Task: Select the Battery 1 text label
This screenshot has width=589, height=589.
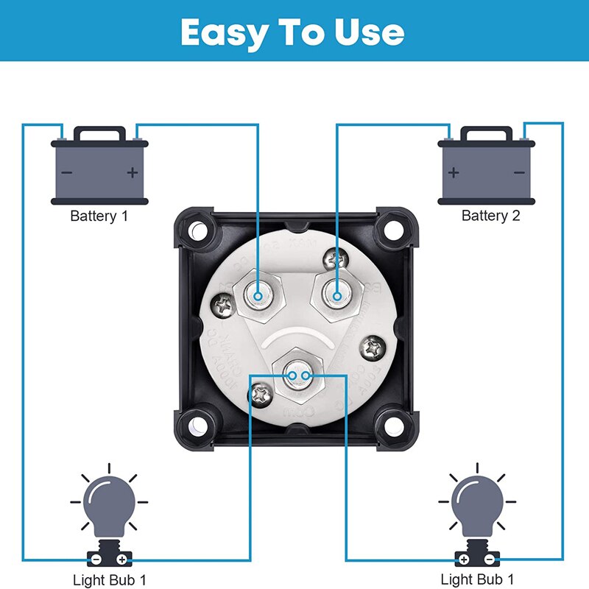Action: coord(104,216)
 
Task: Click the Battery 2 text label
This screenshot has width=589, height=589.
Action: coord(490,216)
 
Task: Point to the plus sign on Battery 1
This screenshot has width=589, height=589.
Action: coord(133,173)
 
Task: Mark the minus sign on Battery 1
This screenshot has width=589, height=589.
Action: coord(67,173)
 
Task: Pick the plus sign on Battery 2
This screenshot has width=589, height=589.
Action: coord(454,173)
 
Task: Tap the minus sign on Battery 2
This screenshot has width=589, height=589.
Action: coord(519,173)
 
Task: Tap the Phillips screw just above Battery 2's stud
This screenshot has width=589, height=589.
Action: coord(340,258)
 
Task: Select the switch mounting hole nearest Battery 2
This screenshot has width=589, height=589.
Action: coord(390,231)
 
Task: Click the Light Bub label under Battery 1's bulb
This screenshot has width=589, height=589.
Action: coord(110,579)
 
